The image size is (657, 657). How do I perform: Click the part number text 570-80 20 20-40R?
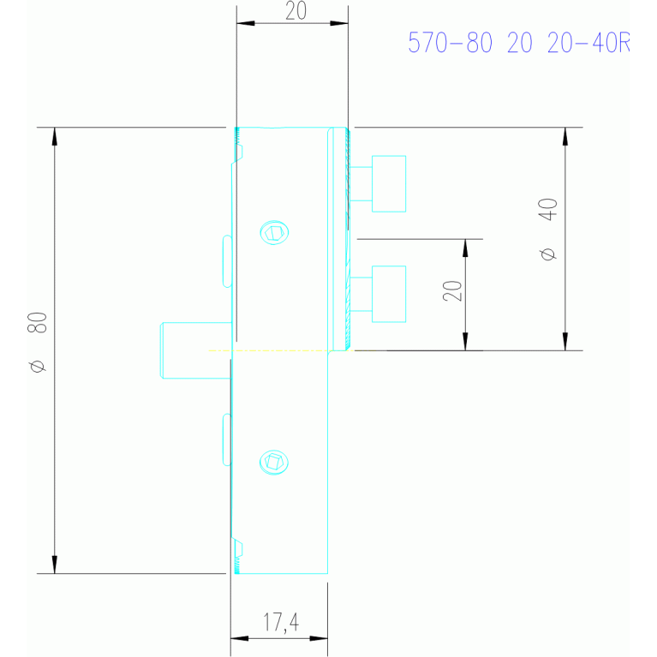519,42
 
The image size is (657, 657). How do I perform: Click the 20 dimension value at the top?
296,11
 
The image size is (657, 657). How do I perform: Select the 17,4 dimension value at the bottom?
281,622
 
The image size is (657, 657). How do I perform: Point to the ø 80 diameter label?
38,343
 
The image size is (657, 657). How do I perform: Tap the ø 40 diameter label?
548,230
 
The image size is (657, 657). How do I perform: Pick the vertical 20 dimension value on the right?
452,290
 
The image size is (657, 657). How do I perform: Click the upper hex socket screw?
274,232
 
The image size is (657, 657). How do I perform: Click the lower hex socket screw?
274,463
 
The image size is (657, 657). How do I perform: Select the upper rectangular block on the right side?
389,184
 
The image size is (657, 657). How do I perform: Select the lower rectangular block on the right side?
389,294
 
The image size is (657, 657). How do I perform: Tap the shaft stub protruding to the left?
196,350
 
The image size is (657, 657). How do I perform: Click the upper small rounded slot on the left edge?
227,261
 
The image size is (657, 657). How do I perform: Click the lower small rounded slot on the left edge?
227,439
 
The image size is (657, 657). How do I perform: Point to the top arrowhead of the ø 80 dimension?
55,136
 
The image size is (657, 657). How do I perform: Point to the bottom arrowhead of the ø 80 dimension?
55,564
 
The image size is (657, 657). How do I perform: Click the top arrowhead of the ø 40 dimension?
565,136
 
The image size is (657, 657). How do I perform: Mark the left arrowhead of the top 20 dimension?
246,23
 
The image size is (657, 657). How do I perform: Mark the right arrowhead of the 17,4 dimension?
319,638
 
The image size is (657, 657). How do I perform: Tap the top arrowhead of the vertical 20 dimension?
465,248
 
